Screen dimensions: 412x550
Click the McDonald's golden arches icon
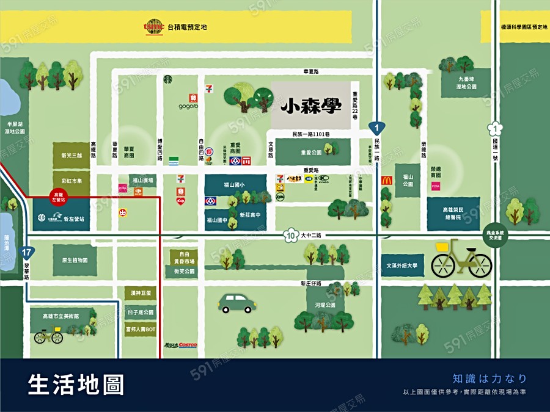(386, 180)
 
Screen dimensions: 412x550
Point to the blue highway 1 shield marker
(377, 128)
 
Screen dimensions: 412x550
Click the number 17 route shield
(26, 253)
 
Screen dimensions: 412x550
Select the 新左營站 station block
(61, 218)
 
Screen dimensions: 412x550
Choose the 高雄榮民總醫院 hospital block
(453, 213)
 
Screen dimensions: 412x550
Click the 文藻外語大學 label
(402, 266)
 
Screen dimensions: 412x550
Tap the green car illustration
(238, 303)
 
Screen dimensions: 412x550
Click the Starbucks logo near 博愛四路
(168, 79)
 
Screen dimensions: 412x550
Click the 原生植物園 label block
(75, 260)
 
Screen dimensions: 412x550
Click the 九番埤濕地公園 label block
(466, 82)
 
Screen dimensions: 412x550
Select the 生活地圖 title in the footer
(76, 385)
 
